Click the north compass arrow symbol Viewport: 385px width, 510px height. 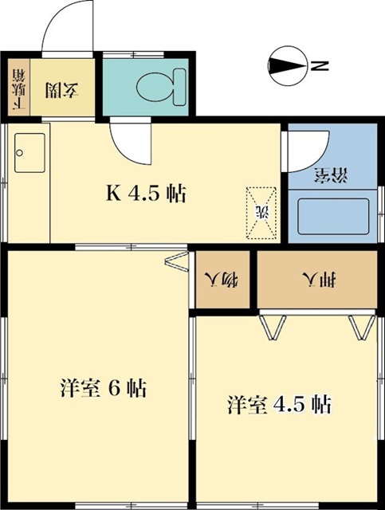point(288,67)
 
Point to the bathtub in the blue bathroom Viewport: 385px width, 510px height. point(332,217)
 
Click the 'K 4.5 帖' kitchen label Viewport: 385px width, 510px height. point(147,194)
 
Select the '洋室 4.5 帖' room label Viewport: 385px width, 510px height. point(279,403)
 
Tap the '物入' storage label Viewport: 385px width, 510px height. point(224,279)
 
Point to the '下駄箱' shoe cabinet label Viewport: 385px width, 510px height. point(18,88)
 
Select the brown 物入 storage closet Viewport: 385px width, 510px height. point(224,279)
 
